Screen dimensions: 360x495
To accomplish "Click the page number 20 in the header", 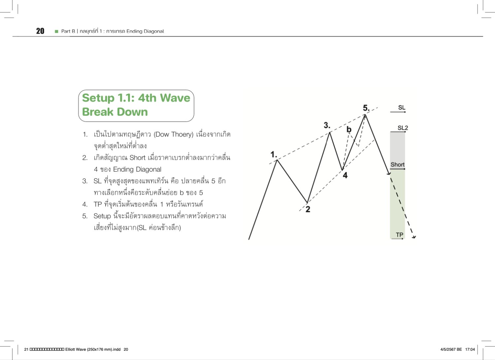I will pos(40,31).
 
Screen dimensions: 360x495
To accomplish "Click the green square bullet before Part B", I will pos(56,31).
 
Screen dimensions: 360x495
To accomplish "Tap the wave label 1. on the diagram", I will pos(274,154).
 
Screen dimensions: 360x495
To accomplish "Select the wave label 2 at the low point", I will pos(308,209).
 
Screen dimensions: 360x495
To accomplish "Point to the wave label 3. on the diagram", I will pos(327,125).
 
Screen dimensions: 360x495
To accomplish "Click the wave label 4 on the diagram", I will pos(345,175).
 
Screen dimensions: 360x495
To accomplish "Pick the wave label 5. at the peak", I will pos(366,108).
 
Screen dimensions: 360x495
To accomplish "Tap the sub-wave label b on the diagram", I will pos(349,130).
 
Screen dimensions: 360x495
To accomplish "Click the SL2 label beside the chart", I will pos(403,128).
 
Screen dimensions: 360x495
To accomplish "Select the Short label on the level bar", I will pos(397,165).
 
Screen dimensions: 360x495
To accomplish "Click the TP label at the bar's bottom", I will pos(399,235).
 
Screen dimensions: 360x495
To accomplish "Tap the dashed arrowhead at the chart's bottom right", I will pos(414,236).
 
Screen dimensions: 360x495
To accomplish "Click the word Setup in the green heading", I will pos(98,98).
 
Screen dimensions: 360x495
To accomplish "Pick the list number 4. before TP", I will pos(85,204).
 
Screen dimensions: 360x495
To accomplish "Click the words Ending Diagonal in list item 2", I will pos(137,169).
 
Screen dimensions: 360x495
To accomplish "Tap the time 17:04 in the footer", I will pos(470,349).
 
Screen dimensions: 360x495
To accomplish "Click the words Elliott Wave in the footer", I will pos(76,349).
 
